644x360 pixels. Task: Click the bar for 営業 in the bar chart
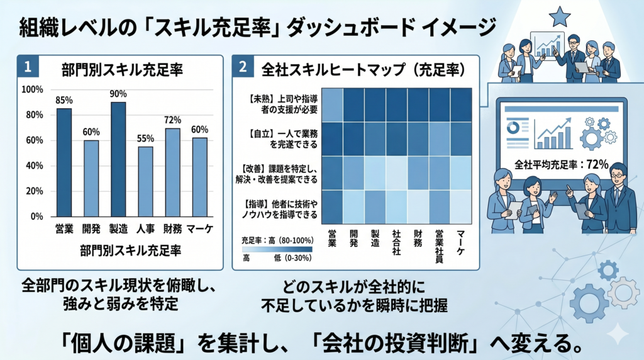pyautogui.click(x=64, y=162)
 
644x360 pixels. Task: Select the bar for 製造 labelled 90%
pyautogui.click(x=118, y=159)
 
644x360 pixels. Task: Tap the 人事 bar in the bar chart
pyautogui.click(x=145, y=181)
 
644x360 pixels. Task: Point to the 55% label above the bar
pyautogui.click(x=145, y=138)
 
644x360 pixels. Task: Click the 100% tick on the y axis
pyautogui.click(x=32, y=89)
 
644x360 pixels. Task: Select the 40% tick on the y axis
pyautogui.click(x=33, y=166)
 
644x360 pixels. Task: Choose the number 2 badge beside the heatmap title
pyautogui.click(x=243, y=66)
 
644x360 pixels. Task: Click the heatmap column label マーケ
pyautogui.click(x=460, y=239)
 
